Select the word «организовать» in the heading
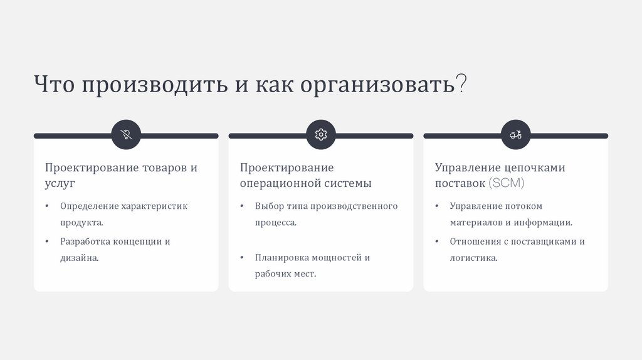tap(377, 85)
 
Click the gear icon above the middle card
tap(321, 135)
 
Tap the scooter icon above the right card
tap(515, 135)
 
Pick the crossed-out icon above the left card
tap(126, 135)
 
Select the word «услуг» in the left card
tap(60, 184)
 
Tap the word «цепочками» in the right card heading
tap(535, 168)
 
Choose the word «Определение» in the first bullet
tap(88, 206)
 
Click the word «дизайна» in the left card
tap(79, 258)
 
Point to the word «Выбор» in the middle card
tap(268, 206)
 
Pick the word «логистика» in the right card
tap(473, 258)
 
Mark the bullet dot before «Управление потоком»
tap(436, 206)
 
